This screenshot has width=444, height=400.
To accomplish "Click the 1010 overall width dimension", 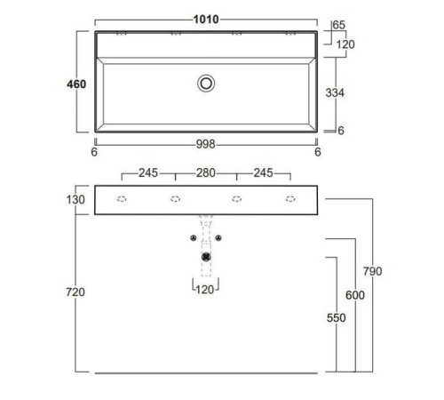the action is [206, 20].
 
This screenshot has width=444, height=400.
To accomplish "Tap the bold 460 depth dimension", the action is [76, 84].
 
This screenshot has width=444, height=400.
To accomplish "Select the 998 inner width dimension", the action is [205, 144].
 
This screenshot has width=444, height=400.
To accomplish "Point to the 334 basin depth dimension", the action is [335, 92].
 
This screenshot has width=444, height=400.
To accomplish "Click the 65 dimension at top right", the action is [338, 25].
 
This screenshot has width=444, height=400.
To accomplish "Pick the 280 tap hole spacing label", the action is [206, 172].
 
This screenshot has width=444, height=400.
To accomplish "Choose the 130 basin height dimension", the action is [75, 200].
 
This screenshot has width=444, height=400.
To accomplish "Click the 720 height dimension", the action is [75, 292].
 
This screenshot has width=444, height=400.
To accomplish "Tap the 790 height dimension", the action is [372, 271].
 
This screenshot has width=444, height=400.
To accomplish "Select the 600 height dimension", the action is [355, 295].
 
